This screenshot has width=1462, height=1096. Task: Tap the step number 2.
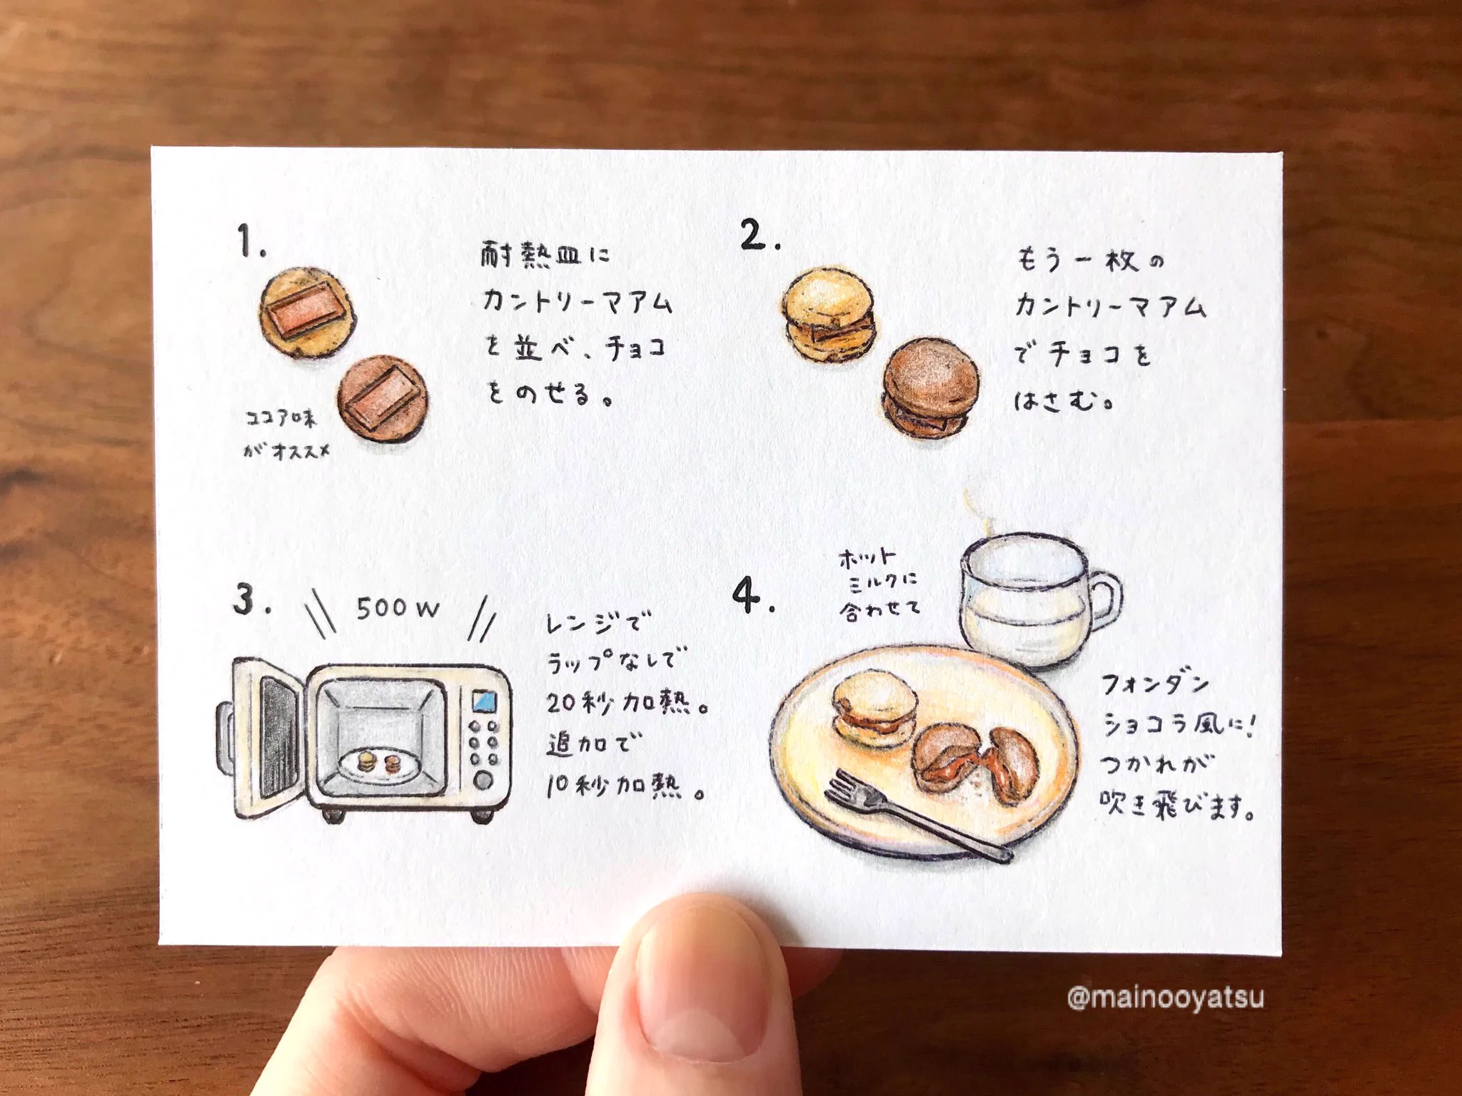(760, 235)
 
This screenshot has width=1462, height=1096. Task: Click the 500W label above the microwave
(397, 608)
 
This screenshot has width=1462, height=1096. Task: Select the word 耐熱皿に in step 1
(545, 255)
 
